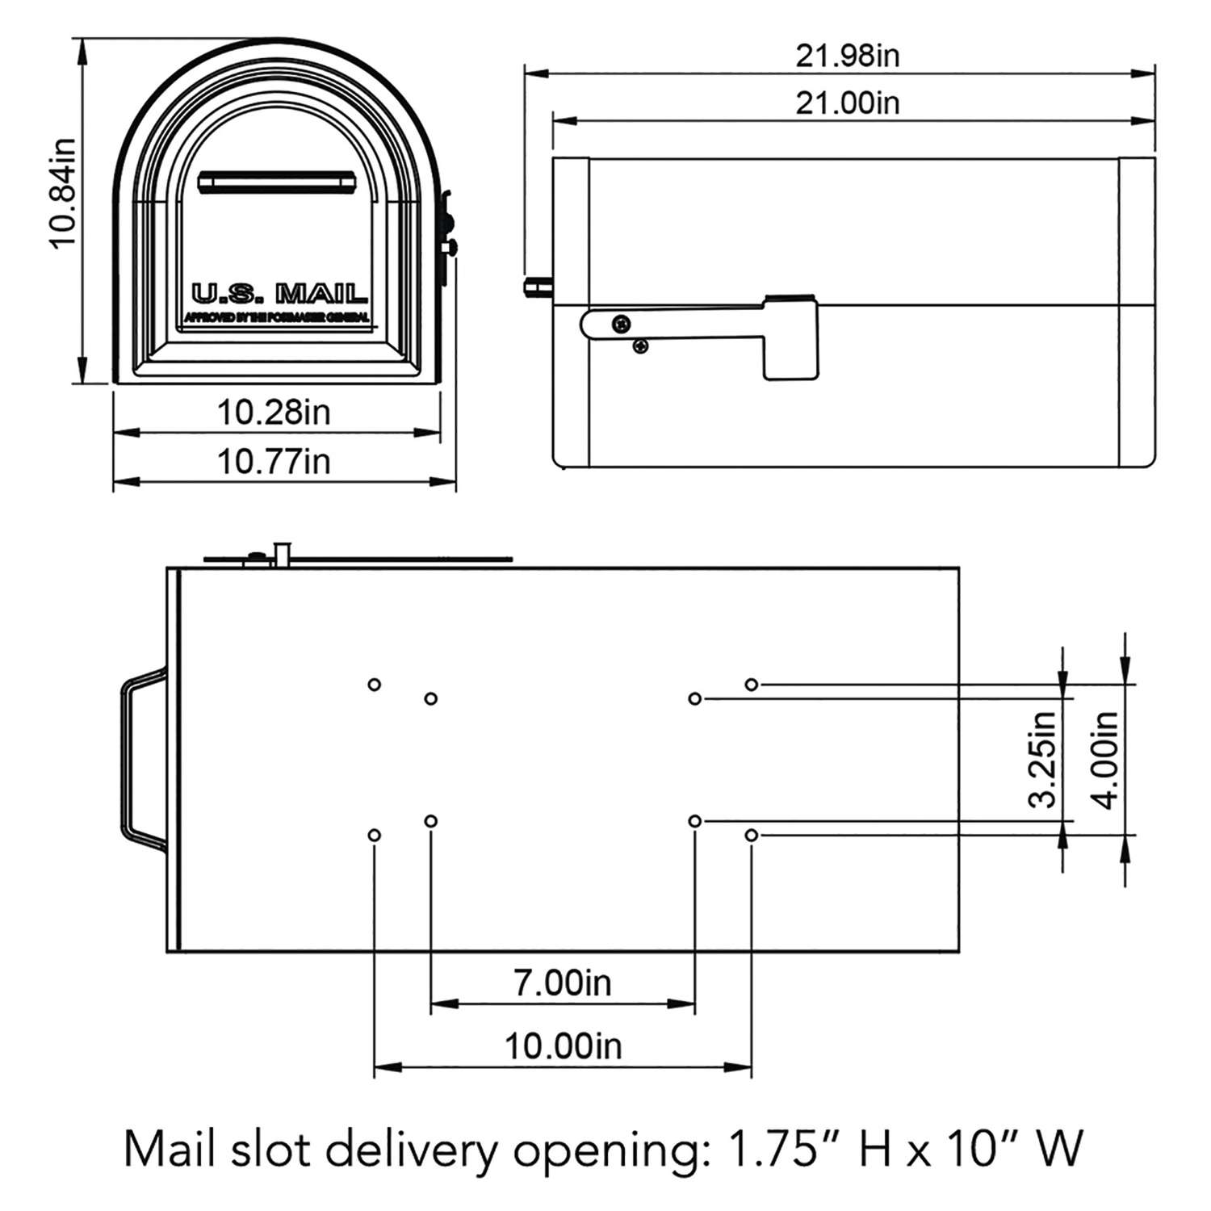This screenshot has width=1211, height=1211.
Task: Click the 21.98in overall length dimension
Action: coord(847,56)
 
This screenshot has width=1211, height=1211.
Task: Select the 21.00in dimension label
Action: coord(847,103)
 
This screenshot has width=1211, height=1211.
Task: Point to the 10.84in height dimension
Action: coord(62,193)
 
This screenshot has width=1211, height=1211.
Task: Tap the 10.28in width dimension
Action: coord(274,413)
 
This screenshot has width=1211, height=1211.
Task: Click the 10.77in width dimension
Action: coord(274,462)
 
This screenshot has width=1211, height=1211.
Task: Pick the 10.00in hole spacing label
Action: coord(563,1046)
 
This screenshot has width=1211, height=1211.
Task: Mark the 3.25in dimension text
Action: coord(1043,759)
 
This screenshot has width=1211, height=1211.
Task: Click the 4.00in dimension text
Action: coord(1105,759)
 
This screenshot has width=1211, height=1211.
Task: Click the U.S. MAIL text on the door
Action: coord(279,293)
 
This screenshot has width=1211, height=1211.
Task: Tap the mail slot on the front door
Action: coord(278,182)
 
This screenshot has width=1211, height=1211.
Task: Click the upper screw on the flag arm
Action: coord(622,324)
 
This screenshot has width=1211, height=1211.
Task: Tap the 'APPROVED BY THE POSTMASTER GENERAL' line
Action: coord(278,317)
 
